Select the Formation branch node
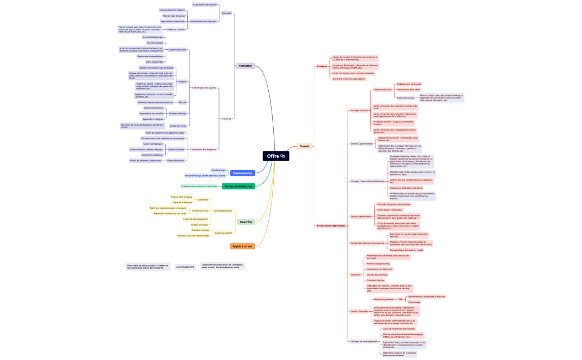coord(245,66)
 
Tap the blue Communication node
coord(242,173)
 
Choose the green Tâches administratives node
coord(238,187)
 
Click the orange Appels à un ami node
coord(242,246)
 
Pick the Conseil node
coord(304,146)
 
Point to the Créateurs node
coord(322,66)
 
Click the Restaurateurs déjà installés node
coord(331,225)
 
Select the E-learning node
coord(226,119)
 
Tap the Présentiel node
coord(226,13)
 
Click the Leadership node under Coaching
coord(203,199)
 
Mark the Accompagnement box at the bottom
coord(185,266)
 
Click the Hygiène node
coord(182,81)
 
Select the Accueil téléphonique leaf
coord(152,37)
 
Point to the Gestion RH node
coord(356,275)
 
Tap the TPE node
coord(400,299)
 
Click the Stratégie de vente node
coord(359,110)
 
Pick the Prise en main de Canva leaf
coord(173,16)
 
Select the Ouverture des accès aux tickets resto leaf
coord(199,186)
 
